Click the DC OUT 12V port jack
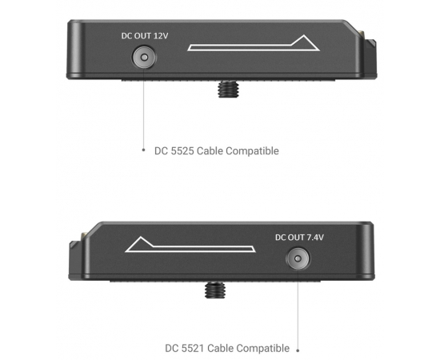pyautogui.click(x=144, y=58)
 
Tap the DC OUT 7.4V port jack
pyautogui.click(x=298, y=258)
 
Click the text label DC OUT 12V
pyautogui.click(x=145, y=36)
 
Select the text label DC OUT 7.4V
pyautogui.click(x=299, y=238)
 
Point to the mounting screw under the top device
pyautogui.click(x=228, y=89)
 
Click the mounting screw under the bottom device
pyautogui.click(x=215, y=290)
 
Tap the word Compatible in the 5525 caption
pyautogui.click(x=252, y=151)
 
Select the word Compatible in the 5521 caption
pyautogui.click(x=262, y=349)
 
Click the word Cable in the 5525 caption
pyautogui.click(x=210, y=151)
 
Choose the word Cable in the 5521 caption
pyautogui.click(x=220, y=348)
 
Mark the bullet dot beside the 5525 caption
pyautogui.click(x=143, y=150)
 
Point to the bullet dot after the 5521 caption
pyautogui.click(x=298, y=350)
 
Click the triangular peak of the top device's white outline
pyautogui.click(x=305, y=36)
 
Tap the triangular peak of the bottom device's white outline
pyautogui.click(x=141, y=238)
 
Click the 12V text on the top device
pyautogui.click(x=161, y=36)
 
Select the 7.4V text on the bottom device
pyautogui.click(x=315, y=238)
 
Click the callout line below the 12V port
pyautogui.click(x=143, y=109)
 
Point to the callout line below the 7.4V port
pyautogui.click(x=298, y=310)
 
